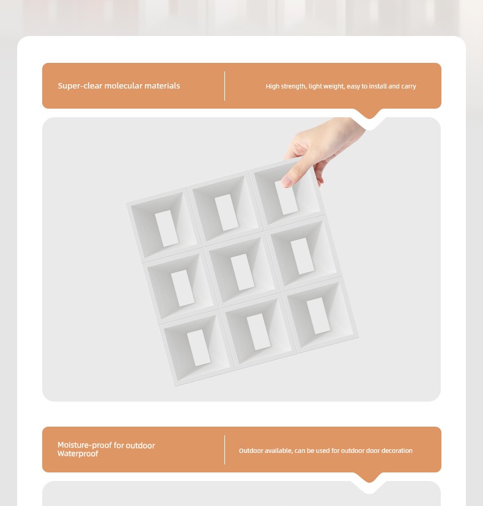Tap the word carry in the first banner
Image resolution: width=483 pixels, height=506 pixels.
408,87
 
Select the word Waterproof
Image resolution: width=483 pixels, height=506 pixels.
78,454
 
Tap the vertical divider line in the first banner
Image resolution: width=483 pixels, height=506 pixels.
225,86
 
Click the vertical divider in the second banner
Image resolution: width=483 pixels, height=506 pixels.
225,450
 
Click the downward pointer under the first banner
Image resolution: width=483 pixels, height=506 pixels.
369,115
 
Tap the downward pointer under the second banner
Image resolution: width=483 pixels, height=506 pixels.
369,478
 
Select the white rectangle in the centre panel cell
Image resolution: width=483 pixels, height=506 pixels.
243,272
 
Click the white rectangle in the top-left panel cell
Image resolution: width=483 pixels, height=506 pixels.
166,228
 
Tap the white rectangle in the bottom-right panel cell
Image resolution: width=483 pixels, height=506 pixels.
319,316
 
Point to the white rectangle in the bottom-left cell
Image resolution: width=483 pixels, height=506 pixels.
199,348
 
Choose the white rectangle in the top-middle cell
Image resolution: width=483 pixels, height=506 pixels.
226,212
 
